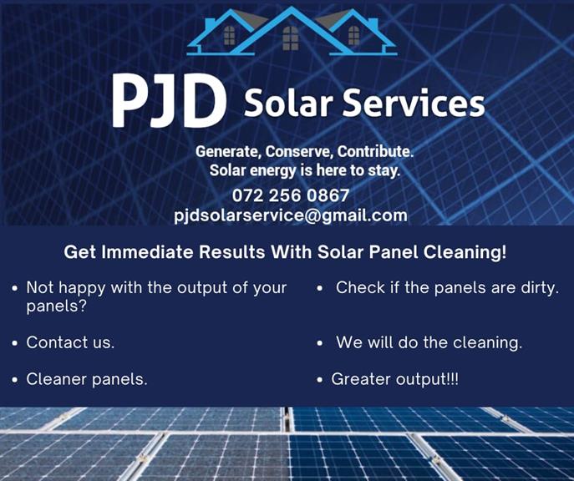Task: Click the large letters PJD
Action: coord(169,100)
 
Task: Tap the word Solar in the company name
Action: coord(288,104)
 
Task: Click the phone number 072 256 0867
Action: coord(291,195)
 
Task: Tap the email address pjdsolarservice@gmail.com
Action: coord(291,215)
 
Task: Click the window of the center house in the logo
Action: coord(291,38)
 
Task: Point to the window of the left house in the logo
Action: coord(229,35)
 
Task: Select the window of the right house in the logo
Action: coord(353,35)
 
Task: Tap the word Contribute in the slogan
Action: coord(376,152)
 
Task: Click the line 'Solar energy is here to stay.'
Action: coord(305,171)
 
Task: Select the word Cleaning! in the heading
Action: coord(465,252)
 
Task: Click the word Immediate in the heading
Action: coord(147,252)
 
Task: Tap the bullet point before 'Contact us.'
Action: coord(15,343)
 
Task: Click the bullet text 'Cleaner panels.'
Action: coord(87,379)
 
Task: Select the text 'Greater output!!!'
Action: coord(394,379)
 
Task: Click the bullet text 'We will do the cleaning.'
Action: coord(429,342)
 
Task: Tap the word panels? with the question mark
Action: coord(56,306)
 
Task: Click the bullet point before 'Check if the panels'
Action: coord(320,289)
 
